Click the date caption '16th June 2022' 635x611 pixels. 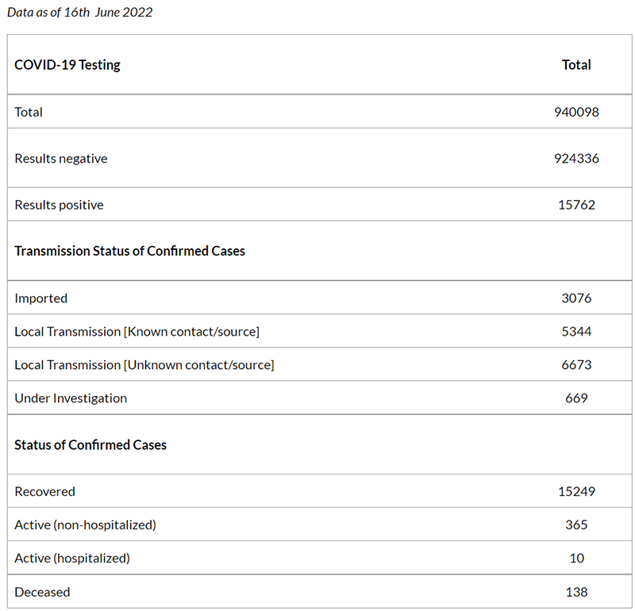(x=108, y=12)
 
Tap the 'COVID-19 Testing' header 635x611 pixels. (x=67, y=65)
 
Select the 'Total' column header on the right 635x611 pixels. (x=576, y=65)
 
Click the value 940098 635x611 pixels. (x=576, y=112)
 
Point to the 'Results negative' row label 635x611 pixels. (x=61, y=159)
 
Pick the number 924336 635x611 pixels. (x=576, y=159)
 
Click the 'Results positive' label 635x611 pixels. (x=59, y=205)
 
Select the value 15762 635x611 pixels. (x=576, y=205)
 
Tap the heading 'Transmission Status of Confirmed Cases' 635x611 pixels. (x=129, y=251)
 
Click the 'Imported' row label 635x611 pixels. (x=41, y=298)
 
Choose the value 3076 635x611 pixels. (x=576, y=298)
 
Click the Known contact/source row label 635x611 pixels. (x=137, y=332)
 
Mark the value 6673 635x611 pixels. (x=576, y=365)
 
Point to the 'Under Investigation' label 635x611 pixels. (x=71, y=398)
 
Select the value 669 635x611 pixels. (x=576, y=398)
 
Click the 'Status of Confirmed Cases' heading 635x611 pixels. (x=90, y=445)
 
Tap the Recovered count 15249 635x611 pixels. (x=576, y=491)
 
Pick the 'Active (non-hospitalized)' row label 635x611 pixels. (x=86, y=525)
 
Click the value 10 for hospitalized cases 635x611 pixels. (x=577, y=559)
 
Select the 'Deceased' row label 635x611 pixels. (x=43, y=593)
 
